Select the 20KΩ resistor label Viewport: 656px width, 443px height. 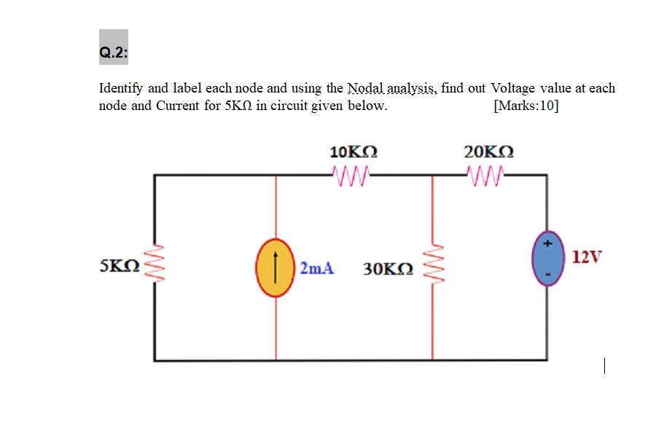[x=488, y=152]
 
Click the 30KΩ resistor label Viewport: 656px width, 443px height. [x=388, y=268]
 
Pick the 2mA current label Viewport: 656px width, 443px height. [x=316, y=268]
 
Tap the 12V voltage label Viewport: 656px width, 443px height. [x=587, y=257]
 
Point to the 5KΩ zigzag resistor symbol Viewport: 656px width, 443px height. [x=154, y=267]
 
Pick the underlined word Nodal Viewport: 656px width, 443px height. [x=366, y=88]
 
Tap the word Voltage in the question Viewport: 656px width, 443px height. [x=515, y=88]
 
